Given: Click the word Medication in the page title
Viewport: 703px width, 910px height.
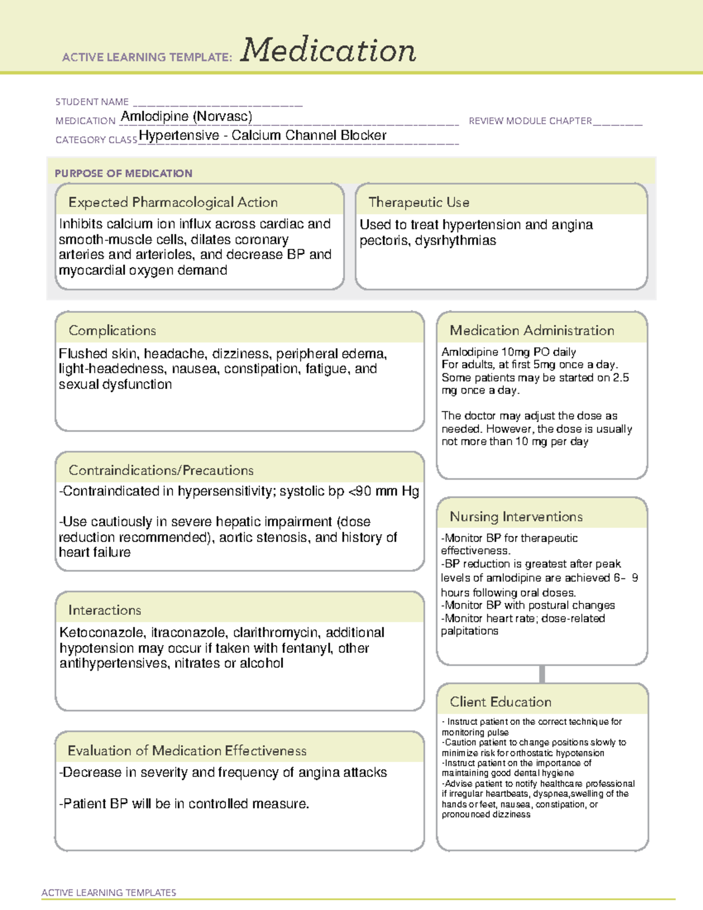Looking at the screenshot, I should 328,50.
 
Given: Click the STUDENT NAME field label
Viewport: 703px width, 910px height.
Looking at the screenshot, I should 92,102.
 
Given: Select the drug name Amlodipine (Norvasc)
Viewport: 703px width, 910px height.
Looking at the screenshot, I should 186,117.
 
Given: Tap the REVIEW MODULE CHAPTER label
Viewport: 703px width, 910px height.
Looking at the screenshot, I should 530,121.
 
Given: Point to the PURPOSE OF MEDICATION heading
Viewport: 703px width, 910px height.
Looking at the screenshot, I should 124,173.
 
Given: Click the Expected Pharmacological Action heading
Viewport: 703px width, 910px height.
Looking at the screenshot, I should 173,202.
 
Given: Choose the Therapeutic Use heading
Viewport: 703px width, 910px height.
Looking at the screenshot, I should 419,202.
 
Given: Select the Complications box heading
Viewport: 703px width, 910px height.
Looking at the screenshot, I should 112,330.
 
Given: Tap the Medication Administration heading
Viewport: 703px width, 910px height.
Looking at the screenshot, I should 532,330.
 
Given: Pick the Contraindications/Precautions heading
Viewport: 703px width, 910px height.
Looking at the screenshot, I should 161,471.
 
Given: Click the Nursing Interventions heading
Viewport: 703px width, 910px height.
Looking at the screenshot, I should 516,517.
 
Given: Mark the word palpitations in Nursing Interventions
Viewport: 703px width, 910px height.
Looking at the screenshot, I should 470,631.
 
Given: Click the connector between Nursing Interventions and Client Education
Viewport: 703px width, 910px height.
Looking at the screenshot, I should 542,674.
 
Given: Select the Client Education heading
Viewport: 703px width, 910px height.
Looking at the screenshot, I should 500,702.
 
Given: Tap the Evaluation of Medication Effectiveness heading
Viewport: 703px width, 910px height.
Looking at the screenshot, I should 187,751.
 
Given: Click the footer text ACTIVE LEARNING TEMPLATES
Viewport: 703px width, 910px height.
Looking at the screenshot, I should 109,892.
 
